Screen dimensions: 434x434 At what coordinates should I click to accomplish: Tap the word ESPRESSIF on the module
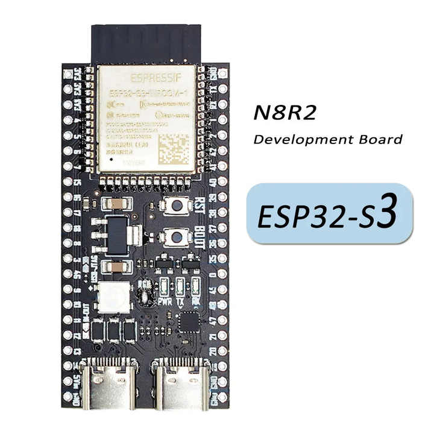tap(146, 78)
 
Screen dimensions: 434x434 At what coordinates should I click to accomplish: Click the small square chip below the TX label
tap(189, 321)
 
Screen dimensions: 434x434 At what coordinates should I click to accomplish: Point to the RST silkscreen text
tap(201, 204)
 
